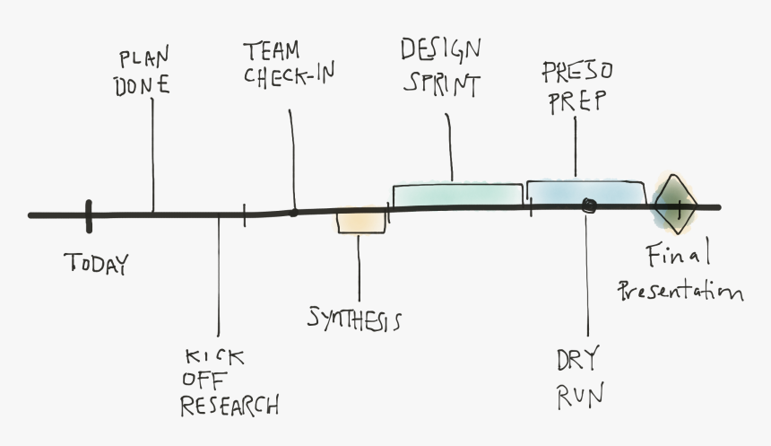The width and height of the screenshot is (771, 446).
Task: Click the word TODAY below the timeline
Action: point(97,264)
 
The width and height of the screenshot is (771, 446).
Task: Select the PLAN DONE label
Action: point(144,72)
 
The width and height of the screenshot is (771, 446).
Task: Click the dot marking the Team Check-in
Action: point(293,213)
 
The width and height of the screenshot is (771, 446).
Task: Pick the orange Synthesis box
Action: point(361,222)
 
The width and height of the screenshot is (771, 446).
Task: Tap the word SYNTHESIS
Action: point(354,319)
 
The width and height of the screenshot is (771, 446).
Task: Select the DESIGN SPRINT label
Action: point(440,66)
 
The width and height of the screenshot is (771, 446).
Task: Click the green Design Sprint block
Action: point(457,195)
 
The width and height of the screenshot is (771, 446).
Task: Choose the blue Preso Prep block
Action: point(585,192)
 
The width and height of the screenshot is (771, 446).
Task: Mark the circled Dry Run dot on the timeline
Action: point(588,206)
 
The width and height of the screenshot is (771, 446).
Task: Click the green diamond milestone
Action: point(674,204)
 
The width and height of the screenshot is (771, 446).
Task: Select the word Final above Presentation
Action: point(678,256)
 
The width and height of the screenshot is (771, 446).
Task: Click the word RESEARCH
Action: point(230,405)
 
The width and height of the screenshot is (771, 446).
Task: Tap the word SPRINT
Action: point(441,83)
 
